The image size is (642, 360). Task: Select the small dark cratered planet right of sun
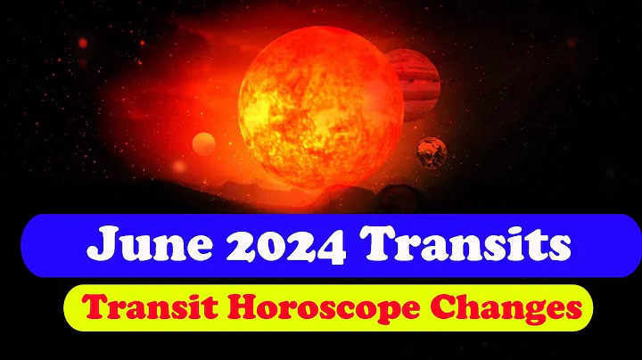click(432, 152)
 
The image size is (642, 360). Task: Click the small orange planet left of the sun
click(204, 143)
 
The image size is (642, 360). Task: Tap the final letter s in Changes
click(574, 312)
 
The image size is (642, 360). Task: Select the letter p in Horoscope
click(367, 314)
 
